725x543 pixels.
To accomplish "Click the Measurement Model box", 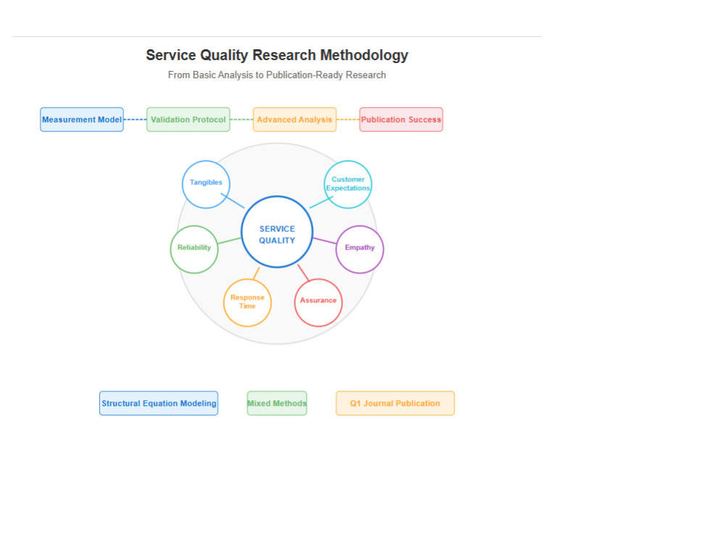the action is (x=82, y=120).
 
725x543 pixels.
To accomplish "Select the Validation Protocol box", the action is (x=188, y=120).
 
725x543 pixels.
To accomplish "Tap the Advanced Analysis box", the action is (x=294, y=120).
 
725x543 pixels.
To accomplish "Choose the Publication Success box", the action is (x=401, y=120).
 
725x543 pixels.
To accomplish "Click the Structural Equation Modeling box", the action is (x=159, y=403).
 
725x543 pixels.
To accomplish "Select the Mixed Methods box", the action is (x=277, y=403).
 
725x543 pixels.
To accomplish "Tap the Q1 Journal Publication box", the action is (x=395, y=403).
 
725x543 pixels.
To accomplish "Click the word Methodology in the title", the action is (x=365, y=55).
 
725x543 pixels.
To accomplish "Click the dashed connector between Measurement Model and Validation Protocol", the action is (x=135, y=120).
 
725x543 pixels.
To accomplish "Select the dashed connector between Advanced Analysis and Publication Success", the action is (x=348, y=120).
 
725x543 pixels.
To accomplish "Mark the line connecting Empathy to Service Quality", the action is (x=325, y=241).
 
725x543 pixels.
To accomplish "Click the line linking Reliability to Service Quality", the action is (x=229, y=241).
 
